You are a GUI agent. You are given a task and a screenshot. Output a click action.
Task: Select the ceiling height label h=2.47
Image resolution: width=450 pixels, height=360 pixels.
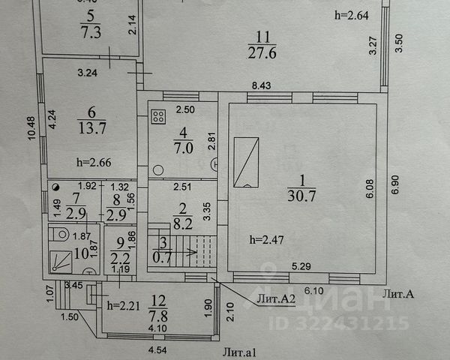266,239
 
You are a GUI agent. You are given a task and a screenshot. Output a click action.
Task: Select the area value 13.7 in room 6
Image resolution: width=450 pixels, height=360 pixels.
90,128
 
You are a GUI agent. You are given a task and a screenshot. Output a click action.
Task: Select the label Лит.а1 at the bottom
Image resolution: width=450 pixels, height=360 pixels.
238,350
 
